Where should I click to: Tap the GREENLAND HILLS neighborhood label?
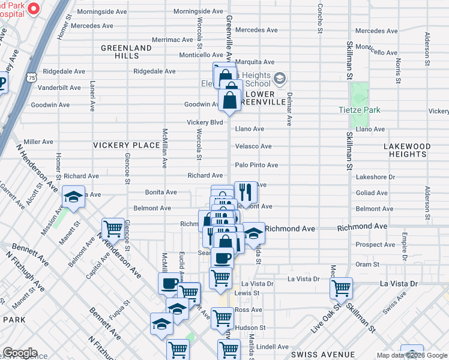pyautogui.click(x=126, y=52)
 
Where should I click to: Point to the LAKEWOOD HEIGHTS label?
pyautogui.click(x=408, y=150)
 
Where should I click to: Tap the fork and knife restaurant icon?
pyautogui.click(x=246, y=193)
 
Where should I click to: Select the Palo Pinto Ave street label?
pyautogui.click(x=256, y=165)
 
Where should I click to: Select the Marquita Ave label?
pyautogui.click(x=255, y=62)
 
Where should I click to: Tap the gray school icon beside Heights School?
pyautogui.click(x=280, y=79)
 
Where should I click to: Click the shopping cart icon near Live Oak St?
pyautogui.click(x=342, y=288)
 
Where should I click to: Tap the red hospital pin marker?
pyautogui.click(x=34, y=10)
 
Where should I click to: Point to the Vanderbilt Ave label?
pyautogui.click(x=59, y=88)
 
